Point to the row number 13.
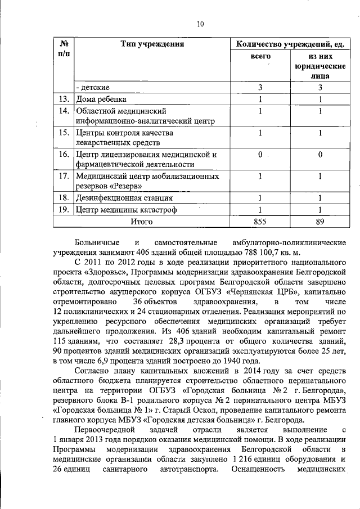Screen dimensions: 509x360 (64, 100)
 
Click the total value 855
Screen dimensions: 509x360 (260, 222)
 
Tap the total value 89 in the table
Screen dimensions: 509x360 (319, 222)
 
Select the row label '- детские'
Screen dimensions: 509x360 (93, 88)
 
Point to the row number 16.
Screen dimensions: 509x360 (64, 154)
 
